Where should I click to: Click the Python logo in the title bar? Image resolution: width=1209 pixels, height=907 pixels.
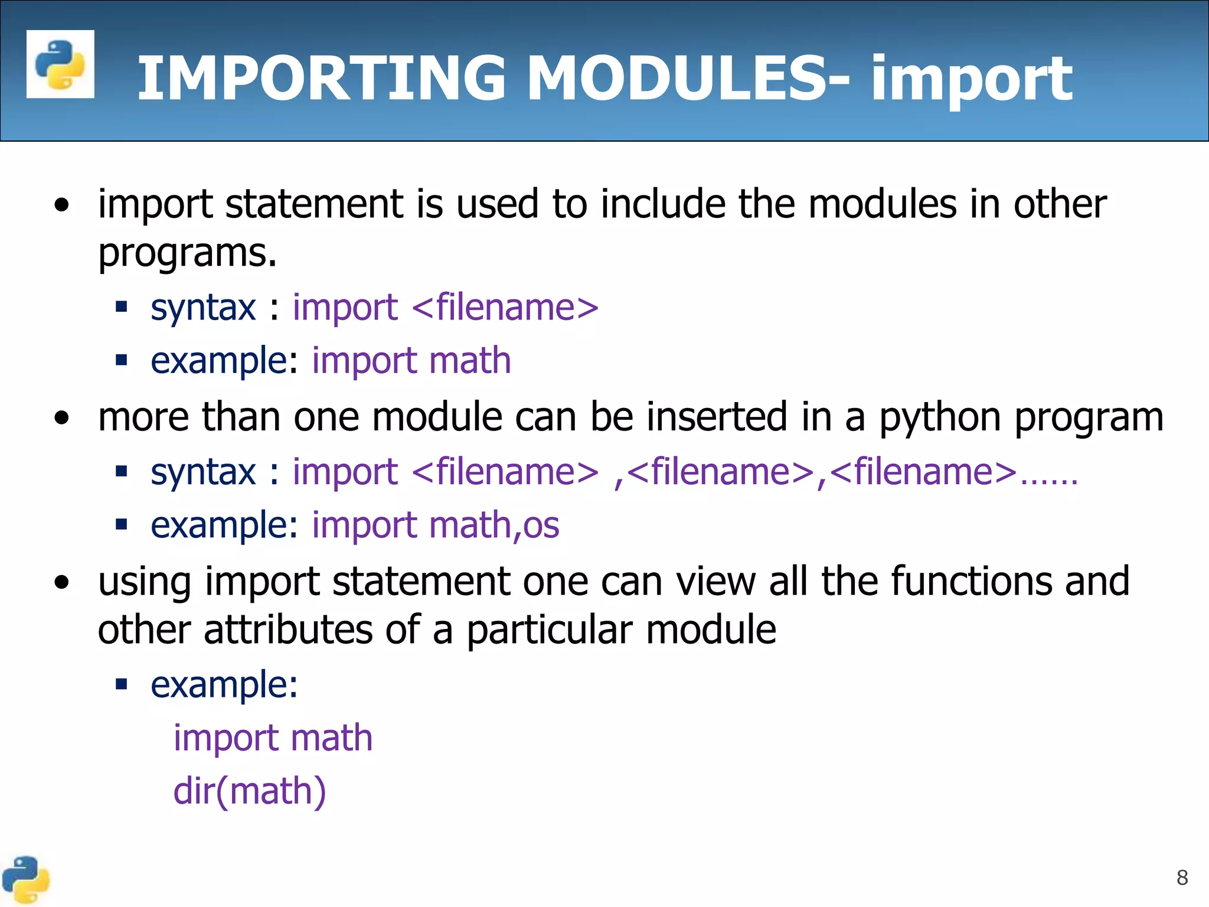click(60, 64)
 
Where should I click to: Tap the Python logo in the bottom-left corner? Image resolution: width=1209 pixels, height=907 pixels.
click(25, 880)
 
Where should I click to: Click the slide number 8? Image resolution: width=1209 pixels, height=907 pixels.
click(1182, 877)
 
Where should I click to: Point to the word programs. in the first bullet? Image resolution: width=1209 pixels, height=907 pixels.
click(187, 254)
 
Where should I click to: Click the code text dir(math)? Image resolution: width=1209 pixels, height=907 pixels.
click(249, 791)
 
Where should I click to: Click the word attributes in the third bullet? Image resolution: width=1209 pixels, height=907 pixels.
click(288, 629)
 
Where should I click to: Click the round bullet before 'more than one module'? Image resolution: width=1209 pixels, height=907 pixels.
click(61, 418)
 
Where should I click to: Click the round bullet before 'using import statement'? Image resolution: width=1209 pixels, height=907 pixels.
click(61, 583)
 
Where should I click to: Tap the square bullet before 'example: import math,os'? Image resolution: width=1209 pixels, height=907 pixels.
click(122, 524)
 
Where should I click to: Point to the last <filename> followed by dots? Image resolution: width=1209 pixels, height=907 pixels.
click(923, 472)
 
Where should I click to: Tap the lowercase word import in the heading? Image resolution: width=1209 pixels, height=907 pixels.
click(971, 80)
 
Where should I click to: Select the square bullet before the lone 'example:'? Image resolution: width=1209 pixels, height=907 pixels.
click(122, 684)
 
